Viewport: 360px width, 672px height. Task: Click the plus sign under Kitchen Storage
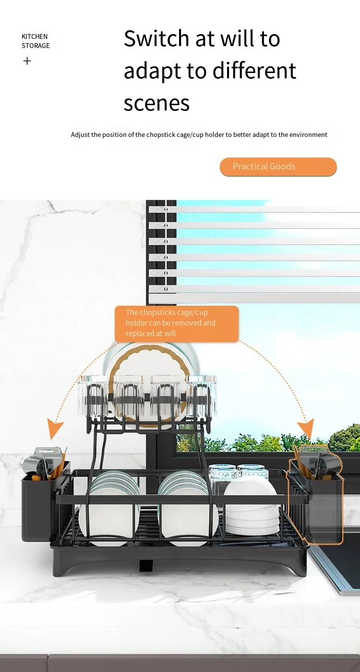coord(27,61)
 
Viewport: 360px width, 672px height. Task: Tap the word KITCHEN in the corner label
coord(35,37)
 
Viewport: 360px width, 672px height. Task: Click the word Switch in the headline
coord(155,38)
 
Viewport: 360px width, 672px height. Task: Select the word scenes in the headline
coord(156,103)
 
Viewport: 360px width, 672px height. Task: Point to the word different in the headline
coord(254,71)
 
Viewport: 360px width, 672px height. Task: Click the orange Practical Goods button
coord(278,167)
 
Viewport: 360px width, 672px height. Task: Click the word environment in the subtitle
coord(307,134)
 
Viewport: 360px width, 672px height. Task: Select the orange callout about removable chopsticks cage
coord(176,323)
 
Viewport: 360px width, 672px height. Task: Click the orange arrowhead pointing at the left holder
coord(55,428)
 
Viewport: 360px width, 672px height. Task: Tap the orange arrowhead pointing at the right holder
coord(305,428)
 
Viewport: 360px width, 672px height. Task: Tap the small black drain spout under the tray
coord(146,565)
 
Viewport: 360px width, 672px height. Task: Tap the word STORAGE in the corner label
coord(36,46)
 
